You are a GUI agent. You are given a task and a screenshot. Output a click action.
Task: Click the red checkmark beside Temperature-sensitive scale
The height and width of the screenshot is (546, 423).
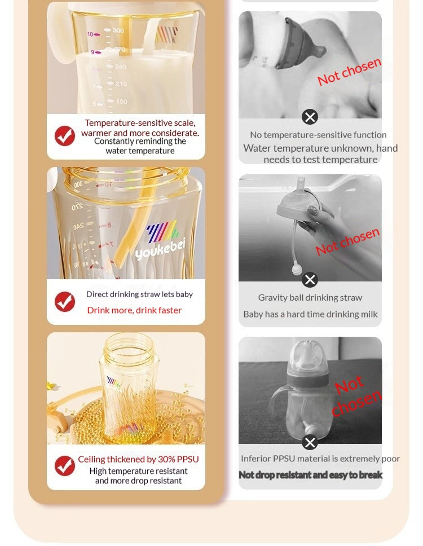65,136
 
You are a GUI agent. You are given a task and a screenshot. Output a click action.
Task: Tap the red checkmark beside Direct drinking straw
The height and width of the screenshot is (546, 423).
65,302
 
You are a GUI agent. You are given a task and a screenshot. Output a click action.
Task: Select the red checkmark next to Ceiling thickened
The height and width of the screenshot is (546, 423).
65,466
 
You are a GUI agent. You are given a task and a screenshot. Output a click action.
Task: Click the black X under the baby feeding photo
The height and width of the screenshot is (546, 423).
310,117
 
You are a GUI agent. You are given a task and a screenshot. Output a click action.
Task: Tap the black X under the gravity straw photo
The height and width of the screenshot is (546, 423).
310,280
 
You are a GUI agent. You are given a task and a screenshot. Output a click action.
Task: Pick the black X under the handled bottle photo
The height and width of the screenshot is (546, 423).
310,443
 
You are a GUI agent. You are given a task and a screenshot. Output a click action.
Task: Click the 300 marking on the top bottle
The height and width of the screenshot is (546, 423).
118,30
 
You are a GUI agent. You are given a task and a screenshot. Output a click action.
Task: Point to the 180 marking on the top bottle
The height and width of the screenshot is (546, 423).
121,102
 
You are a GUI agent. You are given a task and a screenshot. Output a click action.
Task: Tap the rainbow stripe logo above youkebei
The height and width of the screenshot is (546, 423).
163,231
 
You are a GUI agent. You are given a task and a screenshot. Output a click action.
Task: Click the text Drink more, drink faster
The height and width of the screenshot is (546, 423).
134,310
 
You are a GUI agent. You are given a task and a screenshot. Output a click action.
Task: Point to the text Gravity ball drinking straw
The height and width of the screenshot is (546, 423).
310,298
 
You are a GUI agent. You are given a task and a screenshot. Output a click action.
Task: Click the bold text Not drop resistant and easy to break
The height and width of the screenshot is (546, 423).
311,475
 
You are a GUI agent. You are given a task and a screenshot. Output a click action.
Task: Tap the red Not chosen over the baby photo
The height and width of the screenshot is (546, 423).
350,72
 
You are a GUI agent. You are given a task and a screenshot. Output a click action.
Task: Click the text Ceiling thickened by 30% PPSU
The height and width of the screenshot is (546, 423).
139,459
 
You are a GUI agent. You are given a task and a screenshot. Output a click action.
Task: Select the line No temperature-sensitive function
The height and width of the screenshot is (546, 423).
318,135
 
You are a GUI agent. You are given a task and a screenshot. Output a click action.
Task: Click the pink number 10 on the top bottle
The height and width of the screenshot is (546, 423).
90,34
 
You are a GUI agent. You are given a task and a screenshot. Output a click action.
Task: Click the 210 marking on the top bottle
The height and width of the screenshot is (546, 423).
121,84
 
